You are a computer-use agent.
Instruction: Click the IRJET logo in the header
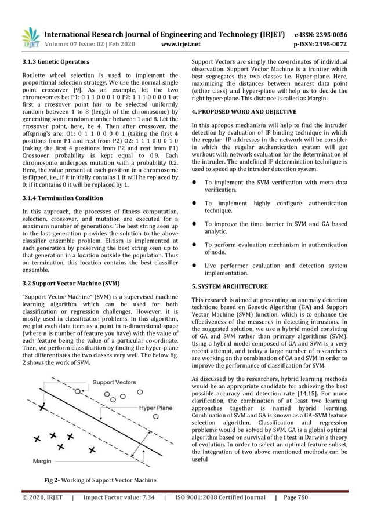30,36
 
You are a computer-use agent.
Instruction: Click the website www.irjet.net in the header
183,43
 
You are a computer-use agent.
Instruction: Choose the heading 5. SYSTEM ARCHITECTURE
230,286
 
